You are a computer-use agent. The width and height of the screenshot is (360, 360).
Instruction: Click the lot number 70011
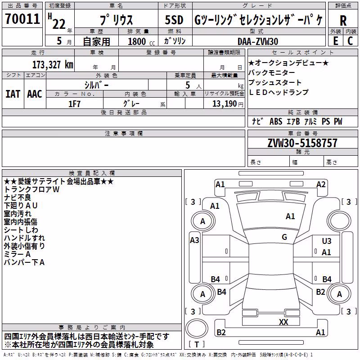click(x=22, y=18)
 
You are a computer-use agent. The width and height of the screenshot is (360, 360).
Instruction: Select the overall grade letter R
click(x=343, y=21)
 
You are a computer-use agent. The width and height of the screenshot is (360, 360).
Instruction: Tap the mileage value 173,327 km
click(x=53, y=65)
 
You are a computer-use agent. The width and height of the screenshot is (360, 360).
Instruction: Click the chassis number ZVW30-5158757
click(x=302, y=143)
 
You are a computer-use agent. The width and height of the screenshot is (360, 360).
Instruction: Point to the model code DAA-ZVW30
click(x=258, y=41)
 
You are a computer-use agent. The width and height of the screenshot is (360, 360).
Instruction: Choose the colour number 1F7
click(x=74, y=104)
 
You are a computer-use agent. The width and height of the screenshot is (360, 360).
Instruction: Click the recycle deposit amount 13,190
click(x=224, y=104)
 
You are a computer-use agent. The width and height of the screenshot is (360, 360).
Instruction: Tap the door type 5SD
click(x=174, y=20)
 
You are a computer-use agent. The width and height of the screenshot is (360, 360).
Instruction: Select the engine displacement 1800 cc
click(x=141, y=41)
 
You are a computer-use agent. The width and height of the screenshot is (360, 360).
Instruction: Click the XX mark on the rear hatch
click(x=283, y=322)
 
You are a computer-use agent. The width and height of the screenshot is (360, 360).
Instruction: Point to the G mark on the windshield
click(x=284, y=237)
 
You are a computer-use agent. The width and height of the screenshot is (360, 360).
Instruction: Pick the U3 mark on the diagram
click(x=327, y=241)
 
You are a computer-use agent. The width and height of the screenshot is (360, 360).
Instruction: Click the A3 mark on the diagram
click(x=194, y=240)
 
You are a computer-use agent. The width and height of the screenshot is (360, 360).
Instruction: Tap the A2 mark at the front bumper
click(x=321, y=184)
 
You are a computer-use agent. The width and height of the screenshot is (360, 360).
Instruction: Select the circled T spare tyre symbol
click(x=197, y=328)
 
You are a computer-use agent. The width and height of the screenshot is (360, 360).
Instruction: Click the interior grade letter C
click(x=350, y=41)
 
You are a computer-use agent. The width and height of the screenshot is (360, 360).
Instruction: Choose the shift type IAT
click(x=13, y=94)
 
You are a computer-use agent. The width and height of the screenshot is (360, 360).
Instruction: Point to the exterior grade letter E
click(x=335, y=41)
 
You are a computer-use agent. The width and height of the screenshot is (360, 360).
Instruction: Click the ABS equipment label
click(x=276, y=121)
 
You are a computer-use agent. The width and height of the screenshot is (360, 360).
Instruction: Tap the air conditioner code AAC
click(x=35, y=94)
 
